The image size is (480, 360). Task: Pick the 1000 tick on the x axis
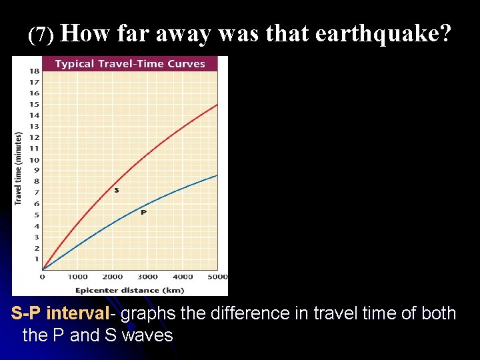[x=77, y=277]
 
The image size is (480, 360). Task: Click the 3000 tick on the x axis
[x=147, y=277]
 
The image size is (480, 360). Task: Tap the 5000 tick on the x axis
[x=217, y=277]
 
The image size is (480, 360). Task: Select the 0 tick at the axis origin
[x=43, y=277]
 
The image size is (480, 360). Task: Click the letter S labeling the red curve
[x=117, y=191]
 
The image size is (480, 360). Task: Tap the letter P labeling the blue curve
[x=143, y=212]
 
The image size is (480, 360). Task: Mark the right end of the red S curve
[x=217, y=105]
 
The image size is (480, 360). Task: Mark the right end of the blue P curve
[x=217, y=175]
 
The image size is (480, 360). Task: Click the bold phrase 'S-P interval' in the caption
[x=59, y=313]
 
